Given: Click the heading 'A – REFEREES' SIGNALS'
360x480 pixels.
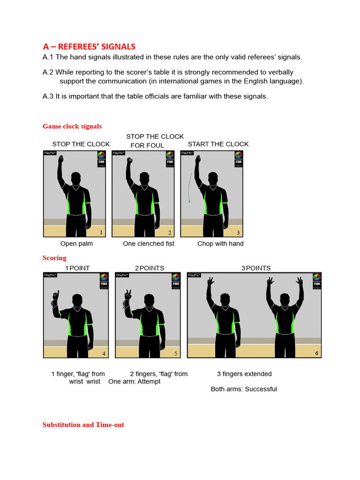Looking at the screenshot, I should (x=89, y=46).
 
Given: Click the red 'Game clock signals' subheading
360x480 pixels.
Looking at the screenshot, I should (x=72, y=126).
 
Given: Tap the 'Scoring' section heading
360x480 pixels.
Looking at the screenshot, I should (x=54, y=258).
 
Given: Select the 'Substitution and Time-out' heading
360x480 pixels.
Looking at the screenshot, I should (x=83, y=425).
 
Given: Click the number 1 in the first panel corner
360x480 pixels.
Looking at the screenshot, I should (x=101, y=232).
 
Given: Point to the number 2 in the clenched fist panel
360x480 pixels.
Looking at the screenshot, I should (x=169, y=232).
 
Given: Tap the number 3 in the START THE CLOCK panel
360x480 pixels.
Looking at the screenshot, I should (x=238, y=232).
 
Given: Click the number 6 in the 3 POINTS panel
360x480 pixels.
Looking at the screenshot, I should (x=317, y=353).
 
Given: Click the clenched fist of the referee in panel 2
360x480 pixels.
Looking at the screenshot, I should (x=130, y=161).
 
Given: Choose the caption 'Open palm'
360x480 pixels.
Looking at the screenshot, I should (x=76, y=244).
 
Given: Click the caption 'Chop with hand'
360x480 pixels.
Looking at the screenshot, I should (x=220, y=244).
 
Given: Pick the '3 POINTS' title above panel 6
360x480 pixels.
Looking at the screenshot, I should (x=256, y=268).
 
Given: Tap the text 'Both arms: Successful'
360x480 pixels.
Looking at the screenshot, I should (x=244, y=389).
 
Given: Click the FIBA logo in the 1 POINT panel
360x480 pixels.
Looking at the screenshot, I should (x=104, y=280).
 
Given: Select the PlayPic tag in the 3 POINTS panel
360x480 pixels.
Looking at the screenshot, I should (x=194, y=275).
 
